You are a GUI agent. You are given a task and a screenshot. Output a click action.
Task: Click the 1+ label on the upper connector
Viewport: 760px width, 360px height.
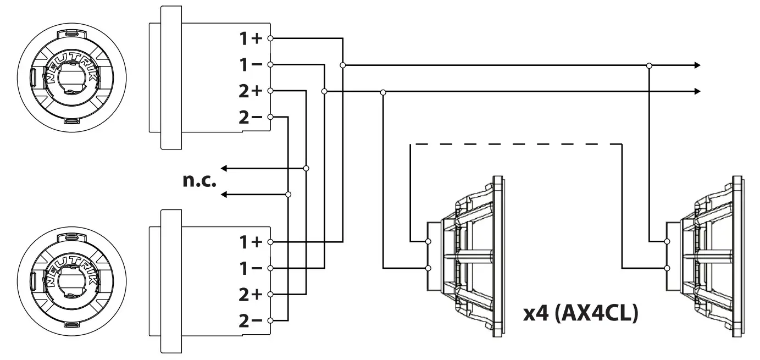(x=251, y=39)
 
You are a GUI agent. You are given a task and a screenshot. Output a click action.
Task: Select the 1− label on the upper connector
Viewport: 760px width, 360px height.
(x=251, y=65)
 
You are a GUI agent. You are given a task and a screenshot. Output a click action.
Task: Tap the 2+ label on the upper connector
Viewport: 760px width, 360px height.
(x=251, y=91)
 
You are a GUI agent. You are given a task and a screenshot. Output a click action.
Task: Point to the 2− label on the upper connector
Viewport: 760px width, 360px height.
(x=251, y=117)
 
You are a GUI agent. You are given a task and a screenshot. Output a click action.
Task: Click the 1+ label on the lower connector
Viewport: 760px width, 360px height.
(x=251, y=242)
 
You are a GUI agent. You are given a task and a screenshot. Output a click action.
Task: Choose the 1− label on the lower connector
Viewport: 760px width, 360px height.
(x=251, y=268)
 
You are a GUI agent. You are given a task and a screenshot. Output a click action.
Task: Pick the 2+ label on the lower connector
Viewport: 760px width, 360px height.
(x=251, y=294)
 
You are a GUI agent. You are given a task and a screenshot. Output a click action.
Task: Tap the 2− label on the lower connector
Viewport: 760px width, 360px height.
(x=251, y=320)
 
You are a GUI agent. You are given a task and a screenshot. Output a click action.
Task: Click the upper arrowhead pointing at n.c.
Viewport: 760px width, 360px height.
(x=224, y=168)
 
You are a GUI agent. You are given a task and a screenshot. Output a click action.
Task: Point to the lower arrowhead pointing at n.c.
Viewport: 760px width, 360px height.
(x=224, y=194)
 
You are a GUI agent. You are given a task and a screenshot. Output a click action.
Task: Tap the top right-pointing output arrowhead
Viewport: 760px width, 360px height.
(x=697, y=65)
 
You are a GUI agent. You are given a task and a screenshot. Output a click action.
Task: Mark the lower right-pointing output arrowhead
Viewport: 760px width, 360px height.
(x=697, y=91)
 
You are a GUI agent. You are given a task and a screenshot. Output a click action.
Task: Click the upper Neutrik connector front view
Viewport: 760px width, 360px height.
(x=71, y=77)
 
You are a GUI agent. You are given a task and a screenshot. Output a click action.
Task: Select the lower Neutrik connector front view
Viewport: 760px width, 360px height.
(x=71, y=281)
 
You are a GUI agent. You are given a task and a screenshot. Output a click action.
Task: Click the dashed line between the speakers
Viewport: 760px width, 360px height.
(x=517, y=144)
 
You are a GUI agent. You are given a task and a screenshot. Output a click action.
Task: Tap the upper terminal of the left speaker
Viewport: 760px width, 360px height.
(x=428, y=241)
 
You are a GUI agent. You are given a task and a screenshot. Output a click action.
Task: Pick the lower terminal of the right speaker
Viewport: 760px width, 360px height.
(x=667, y=268)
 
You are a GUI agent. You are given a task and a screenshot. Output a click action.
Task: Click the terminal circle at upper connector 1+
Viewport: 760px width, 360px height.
(x=270, y=39)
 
